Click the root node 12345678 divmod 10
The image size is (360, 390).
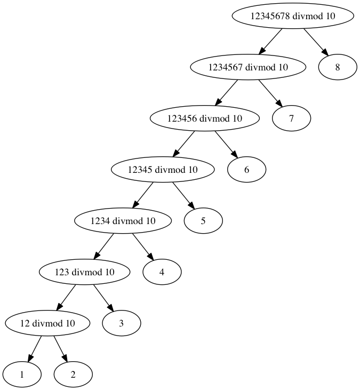pyautogui.click(x=293, y=16)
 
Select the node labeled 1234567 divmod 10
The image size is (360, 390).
pyautogui.click(x=249, y=67)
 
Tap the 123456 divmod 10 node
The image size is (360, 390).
pyautogui.click(x=205, y=118)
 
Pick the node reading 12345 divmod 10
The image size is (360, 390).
pyautogui.click(x=163, y=170)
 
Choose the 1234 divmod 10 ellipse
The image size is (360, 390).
pyautogui.click(x=123, y=220)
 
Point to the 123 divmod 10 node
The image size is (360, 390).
pyautogui.click(x=85, y=272)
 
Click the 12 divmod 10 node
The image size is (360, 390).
pyautogui.click(x=47, y=323)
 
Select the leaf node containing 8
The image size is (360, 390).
pyautogui.click(x=337, y=67)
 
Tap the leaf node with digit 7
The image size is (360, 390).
pyautogui.click(x=291, y=118)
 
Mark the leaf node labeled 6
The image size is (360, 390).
pyautogui.click(x=246, y=170)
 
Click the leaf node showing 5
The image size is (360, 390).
pyautogui.click(x=203, y=220)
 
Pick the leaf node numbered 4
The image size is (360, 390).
pyautogui.click(x=162, y=272)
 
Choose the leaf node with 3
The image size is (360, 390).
pyautogui.click(x=122, y=323)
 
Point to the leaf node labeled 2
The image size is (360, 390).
pyautogui.click(x=73, y=374)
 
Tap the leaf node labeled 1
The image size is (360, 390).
pyautogui.click(x=22, y=374)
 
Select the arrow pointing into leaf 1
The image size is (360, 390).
pyautogui.click(x=34, y=348)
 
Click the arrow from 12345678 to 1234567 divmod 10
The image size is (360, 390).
pyautogui.click(x=270, y=42)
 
